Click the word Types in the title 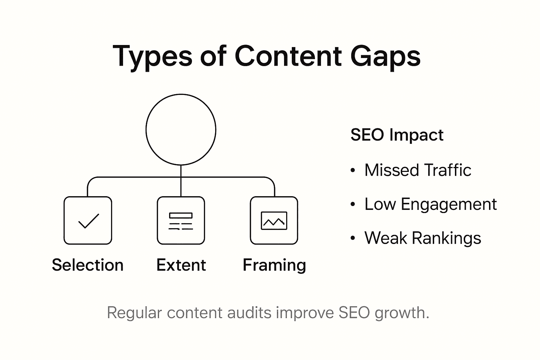click(x=152, y=56)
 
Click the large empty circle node click(x=181, y=129)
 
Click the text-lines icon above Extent click(x=181, y=221)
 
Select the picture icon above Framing click(x=274, y=221)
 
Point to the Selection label click(x=88, y=265)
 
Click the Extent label click(x=181, y=265)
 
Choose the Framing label click(x=274, y=265)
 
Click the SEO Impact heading click(x=397, y=135)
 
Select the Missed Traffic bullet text click(x=418, y=170)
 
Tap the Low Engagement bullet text click(x=430, y=204)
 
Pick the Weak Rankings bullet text click(x=423, y=238)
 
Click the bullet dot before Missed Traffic click(x=353, y=171)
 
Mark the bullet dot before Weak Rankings click(x=353, y=239)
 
